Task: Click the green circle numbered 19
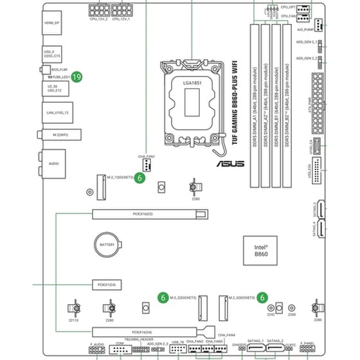click(x=76, y=76)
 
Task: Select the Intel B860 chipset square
click(x=260, y=250)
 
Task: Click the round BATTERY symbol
click(x=105, y=245)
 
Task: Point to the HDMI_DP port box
click(x=52, y=24)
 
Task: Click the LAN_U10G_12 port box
click(x=57, y=113)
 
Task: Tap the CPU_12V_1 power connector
click(x=121, y=12)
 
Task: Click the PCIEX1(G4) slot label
click(x=102, y=283)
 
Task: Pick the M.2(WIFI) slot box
click(x=57, y=135)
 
